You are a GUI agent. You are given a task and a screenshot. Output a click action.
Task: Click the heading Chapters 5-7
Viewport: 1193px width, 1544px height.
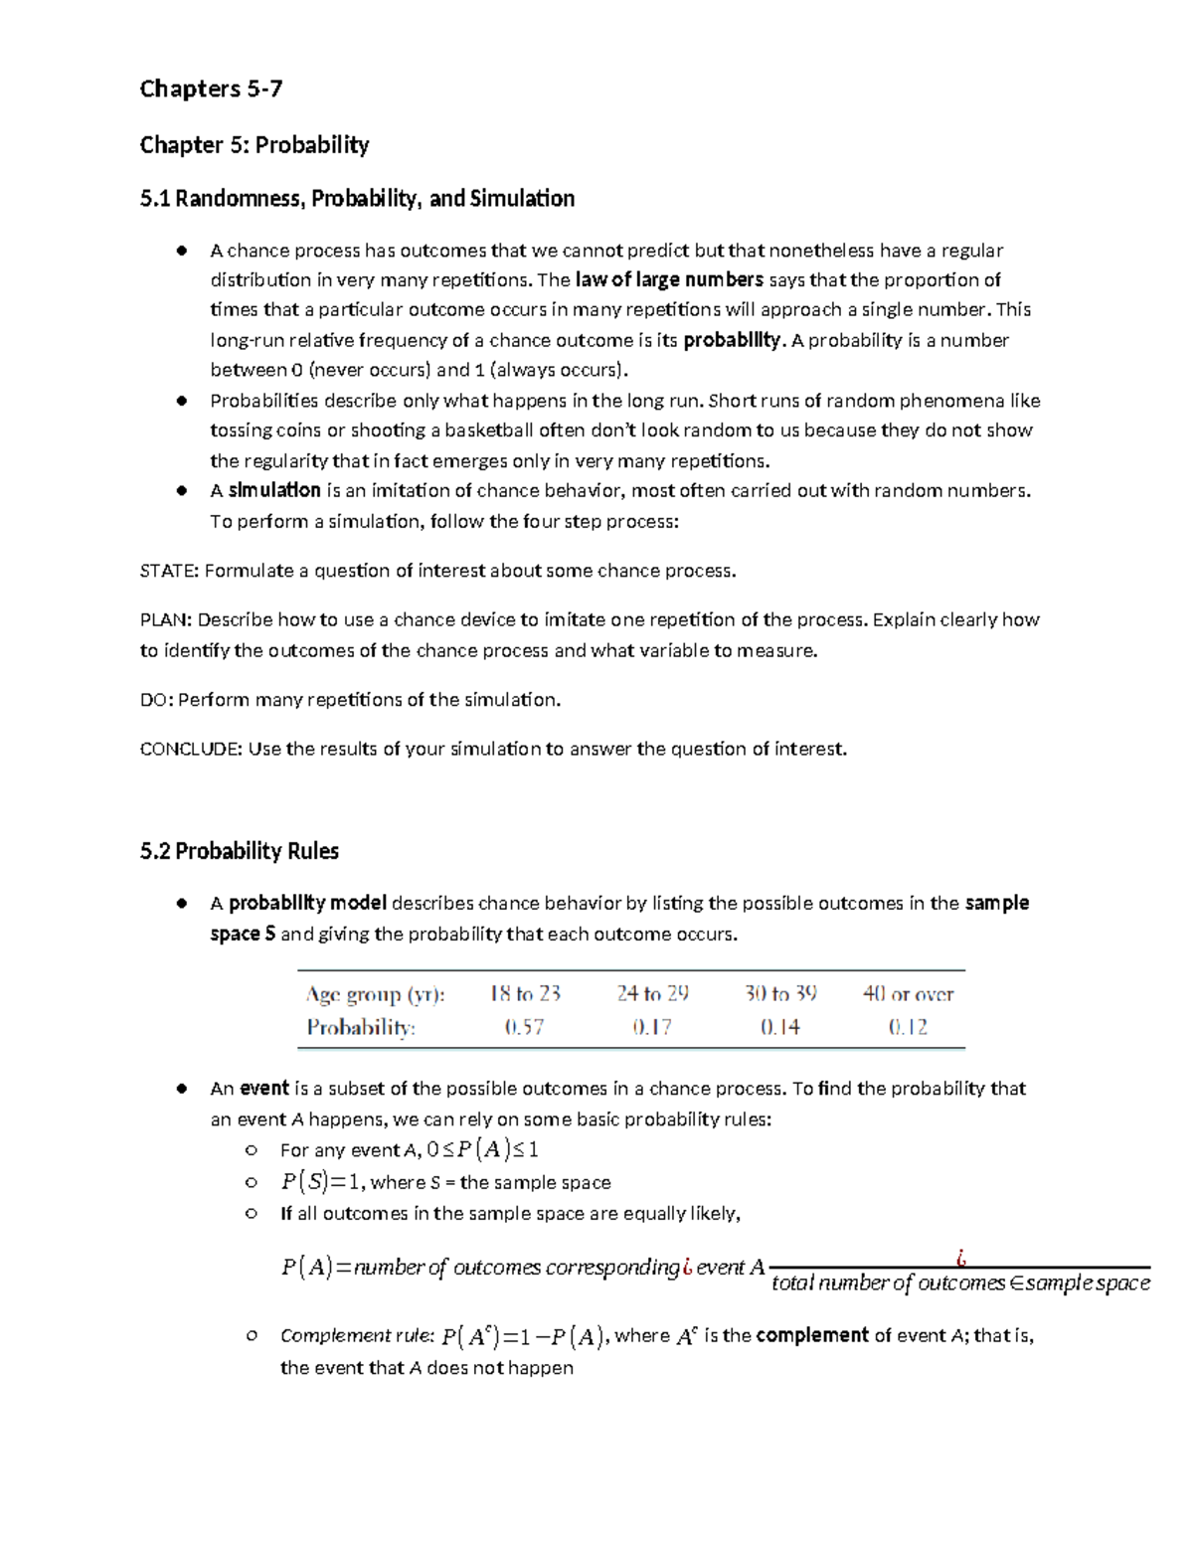(211, 89)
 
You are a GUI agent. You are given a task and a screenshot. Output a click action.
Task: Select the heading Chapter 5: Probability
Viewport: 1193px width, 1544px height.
(255, 145)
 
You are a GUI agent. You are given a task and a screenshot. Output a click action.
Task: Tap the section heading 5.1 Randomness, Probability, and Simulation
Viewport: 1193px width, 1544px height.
(357, 199)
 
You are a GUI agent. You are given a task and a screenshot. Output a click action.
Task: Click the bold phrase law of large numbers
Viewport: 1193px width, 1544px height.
(669, 279)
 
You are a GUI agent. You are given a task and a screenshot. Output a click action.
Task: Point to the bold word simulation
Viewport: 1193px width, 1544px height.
(274, 490)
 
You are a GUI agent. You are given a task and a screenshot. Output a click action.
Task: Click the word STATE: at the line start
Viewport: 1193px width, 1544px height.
(169, 571)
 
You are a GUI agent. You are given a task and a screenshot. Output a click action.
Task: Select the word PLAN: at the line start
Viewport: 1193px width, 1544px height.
(165, 619)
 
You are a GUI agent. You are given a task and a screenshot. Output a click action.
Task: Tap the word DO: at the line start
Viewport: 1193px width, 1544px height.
(156, 700)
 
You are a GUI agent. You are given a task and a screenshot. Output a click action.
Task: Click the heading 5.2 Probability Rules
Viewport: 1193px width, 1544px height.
(240, 851)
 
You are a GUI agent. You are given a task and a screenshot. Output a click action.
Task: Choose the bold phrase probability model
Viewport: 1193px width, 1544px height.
(307, 903)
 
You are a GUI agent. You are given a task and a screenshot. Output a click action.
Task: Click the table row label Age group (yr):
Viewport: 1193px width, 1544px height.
(376, 994)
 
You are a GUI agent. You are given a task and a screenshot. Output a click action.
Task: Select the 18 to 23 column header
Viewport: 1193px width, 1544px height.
(525, 993)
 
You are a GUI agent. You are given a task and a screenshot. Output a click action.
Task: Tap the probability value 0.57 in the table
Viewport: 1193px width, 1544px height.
(524, 1027)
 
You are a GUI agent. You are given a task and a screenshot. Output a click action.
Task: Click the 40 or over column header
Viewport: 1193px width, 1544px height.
(908, 993)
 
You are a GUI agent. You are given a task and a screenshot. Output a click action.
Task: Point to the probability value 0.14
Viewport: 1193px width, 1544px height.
(780, 1027)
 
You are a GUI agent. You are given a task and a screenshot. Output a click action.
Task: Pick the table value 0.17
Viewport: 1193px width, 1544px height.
(652, 1027)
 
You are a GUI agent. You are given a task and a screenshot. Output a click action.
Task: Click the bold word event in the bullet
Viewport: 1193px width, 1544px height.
(264, 1089)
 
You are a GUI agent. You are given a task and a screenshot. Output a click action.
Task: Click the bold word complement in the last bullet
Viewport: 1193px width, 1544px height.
(811, 1335)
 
